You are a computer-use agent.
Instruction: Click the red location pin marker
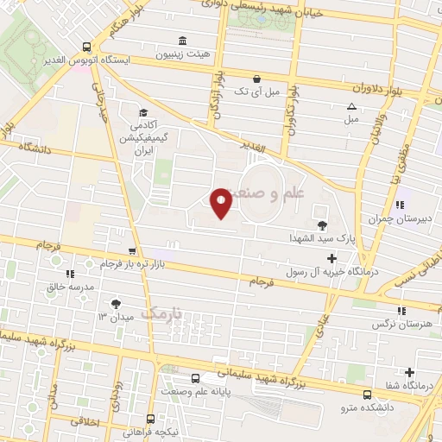pyautogui.click(x=222, y=204)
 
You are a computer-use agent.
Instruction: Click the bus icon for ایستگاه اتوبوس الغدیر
pyautogui.click(x=85, y=47)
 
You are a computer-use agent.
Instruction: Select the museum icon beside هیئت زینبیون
pyautogui.click(x=181, y=41)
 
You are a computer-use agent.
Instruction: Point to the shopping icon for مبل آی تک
pyautogui.click(x=256, y=78)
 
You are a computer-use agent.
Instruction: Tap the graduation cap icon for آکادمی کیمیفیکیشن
pyautogui.click(x=143, y=112)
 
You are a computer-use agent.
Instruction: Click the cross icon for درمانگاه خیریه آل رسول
pyautogui.click(x=331, y=258)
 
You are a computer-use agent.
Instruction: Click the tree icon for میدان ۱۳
pyautogui.click(x=116, y=303)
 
